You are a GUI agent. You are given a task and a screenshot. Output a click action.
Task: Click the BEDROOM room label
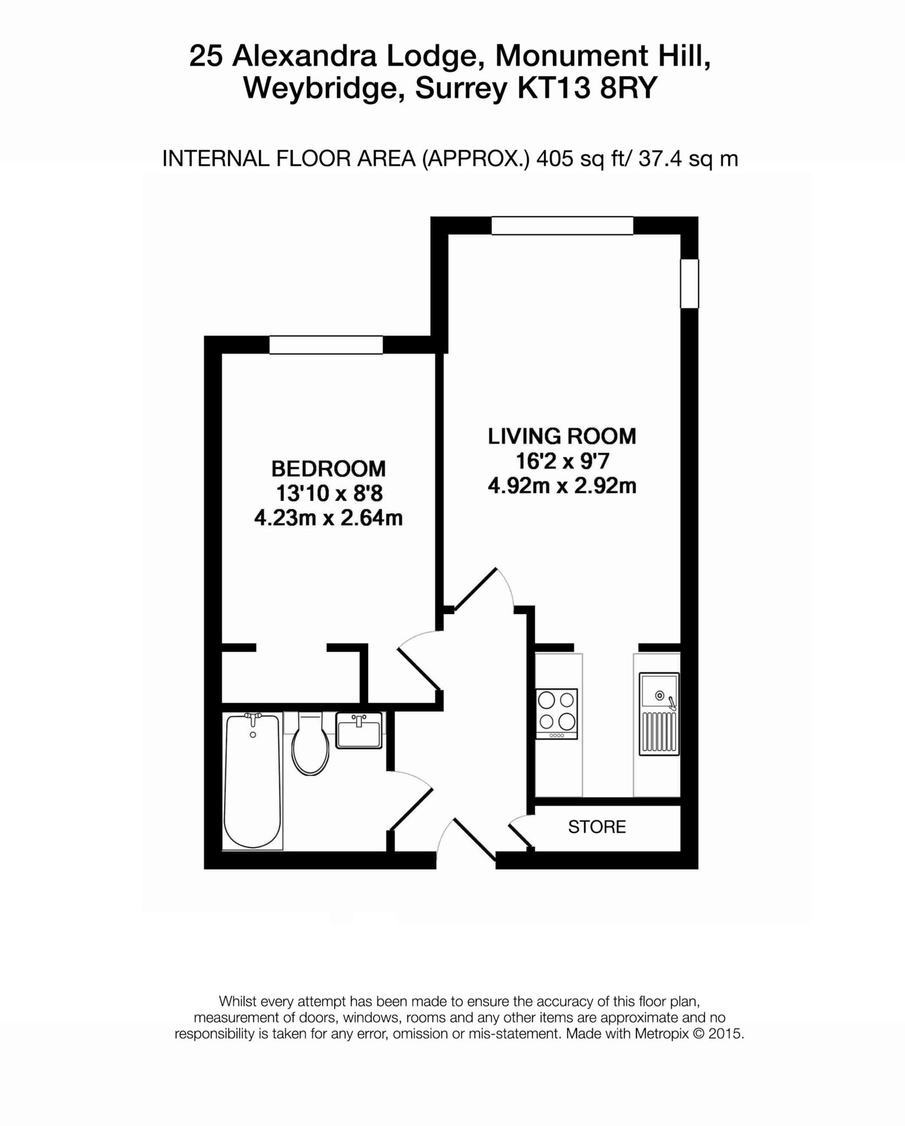pyautogui.click(x=328, y=469)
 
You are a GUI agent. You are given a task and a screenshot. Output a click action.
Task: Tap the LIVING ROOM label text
pyautogui.click(x=562, y=436)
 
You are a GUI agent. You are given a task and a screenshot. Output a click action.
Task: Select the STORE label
pyautogui.click(x=597, y=827)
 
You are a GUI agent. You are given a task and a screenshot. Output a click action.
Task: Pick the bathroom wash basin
pyautogui.click(x=359, y=731)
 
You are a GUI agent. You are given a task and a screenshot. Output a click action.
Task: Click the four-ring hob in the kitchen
pyautogui.click(x=557, y=713)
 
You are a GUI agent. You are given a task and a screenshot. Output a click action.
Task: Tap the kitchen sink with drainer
pyautogui.click(x=659, y=714)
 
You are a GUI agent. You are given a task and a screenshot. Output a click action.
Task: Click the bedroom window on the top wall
pyautogui.click(x=325, y=345)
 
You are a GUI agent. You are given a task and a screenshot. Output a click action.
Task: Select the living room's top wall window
pyautogui.click(x=562, y=226)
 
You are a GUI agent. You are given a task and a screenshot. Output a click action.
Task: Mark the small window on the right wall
pyautogui.click(x=689, y=284)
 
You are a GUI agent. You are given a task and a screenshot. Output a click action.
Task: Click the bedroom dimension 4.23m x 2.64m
pyautogui.click(x=328, y=518)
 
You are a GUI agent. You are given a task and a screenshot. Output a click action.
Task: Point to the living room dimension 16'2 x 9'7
pyautogui.click(x=562, y=461)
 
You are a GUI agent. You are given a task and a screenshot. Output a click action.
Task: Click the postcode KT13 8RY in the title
pyautogui.click(x=587, y=88)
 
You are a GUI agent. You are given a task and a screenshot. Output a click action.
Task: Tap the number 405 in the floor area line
pyautogui.click(x=551, y=159)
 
